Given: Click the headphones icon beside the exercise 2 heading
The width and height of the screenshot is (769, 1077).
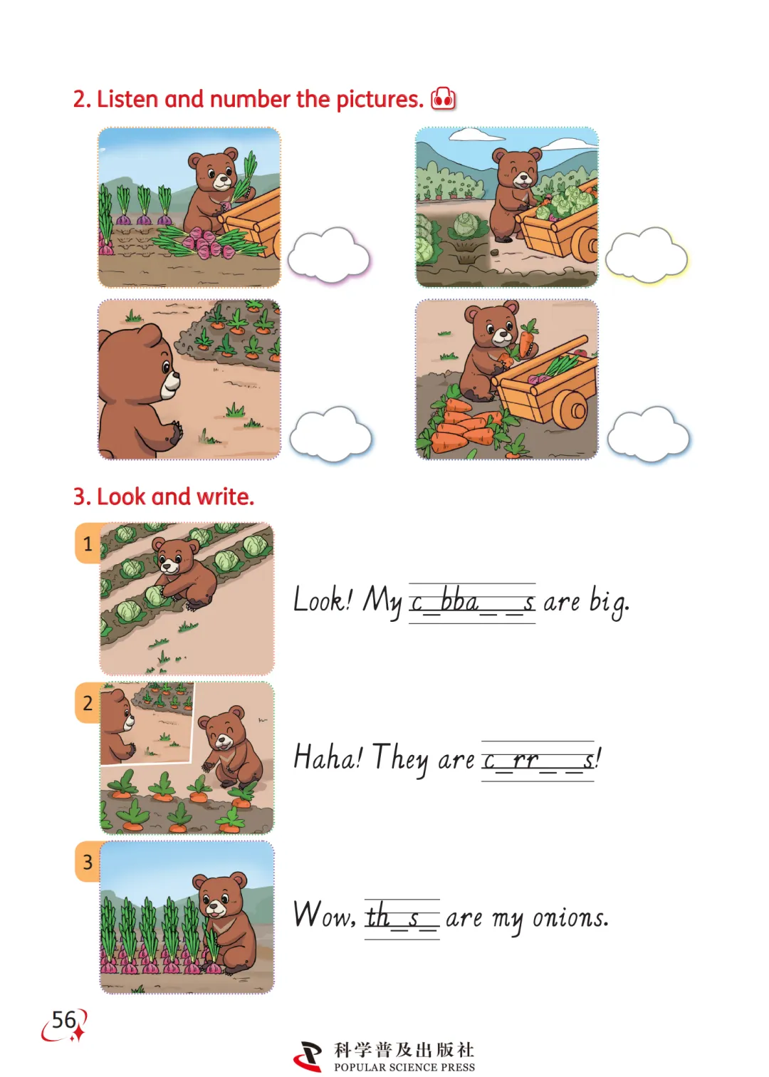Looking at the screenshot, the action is click(x=443, y=99).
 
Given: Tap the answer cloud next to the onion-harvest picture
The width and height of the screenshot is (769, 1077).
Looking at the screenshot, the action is click(x=329, y=255).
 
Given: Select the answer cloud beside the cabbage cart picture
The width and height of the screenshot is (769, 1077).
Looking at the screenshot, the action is click(x=647, y=255).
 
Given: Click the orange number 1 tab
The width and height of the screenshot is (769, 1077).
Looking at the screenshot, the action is click(x=88, y=543).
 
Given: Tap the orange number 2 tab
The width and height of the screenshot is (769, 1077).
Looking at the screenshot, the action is click(x=88, y=703).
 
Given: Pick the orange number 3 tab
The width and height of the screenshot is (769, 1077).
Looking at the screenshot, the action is click(x=88, y=862).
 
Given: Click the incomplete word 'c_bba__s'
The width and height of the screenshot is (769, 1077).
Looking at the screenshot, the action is click(x=472, y=603).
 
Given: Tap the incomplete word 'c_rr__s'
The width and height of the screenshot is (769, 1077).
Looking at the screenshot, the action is click(x=538, y=761).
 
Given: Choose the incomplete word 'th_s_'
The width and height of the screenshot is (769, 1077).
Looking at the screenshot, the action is click(x=402, y=917).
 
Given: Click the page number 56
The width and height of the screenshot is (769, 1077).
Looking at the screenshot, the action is click(x=64, y=1019).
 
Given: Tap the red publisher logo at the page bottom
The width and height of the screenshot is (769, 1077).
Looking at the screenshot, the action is click(x=308, y=1055).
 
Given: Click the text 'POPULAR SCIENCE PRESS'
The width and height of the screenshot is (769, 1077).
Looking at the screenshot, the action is click(x=404, y=1067).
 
